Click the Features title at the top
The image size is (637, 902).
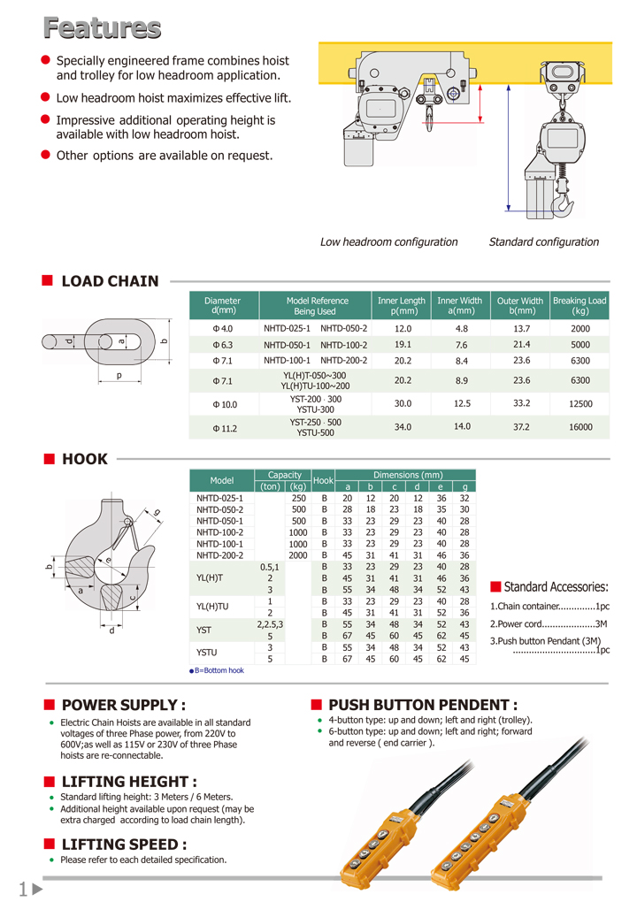[x=103, y=27]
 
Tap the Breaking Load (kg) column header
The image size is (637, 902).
[x=579, y=306]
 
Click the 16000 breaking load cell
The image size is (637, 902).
[x=579, y=427]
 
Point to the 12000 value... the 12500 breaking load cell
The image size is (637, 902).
[x=579, y=404]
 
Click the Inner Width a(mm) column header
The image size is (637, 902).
[x=460, y=306]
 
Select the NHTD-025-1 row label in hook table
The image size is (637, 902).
[x=220, y=498]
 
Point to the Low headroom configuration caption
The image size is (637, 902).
[x=388, y=242]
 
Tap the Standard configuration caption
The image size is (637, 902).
[x=543, y=242]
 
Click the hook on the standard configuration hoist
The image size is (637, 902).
[x=562, y=207]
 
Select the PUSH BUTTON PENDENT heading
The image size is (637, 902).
[x=423, y=705]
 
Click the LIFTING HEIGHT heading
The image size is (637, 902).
[x=128, y=782]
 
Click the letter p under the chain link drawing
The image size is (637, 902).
[x=119, y=376]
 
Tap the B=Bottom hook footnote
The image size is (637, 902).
[x=218, y=671]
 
